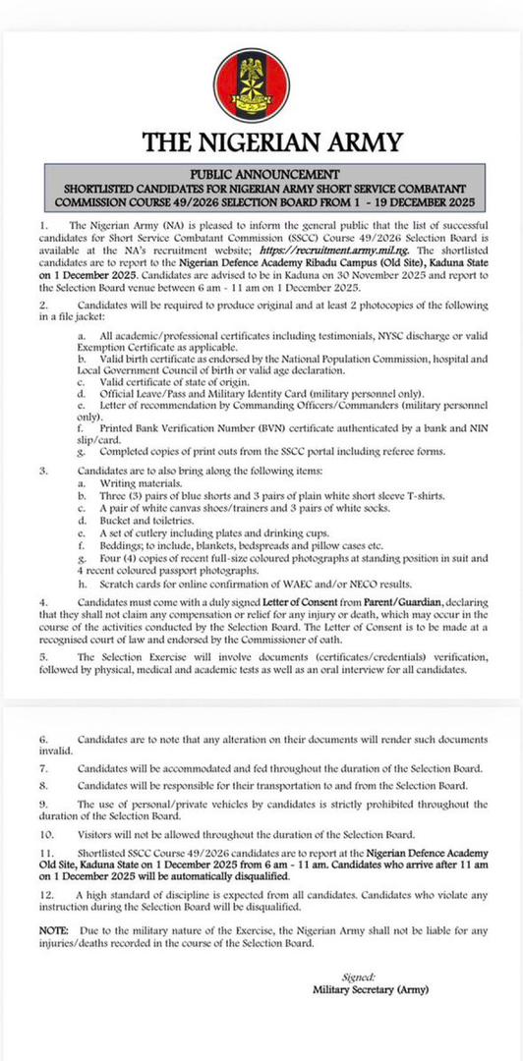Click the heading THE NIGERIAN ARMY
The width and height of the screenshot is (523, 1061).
pos(261,143)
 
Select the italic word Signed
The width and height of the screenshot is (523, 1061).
pos(361,977)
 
